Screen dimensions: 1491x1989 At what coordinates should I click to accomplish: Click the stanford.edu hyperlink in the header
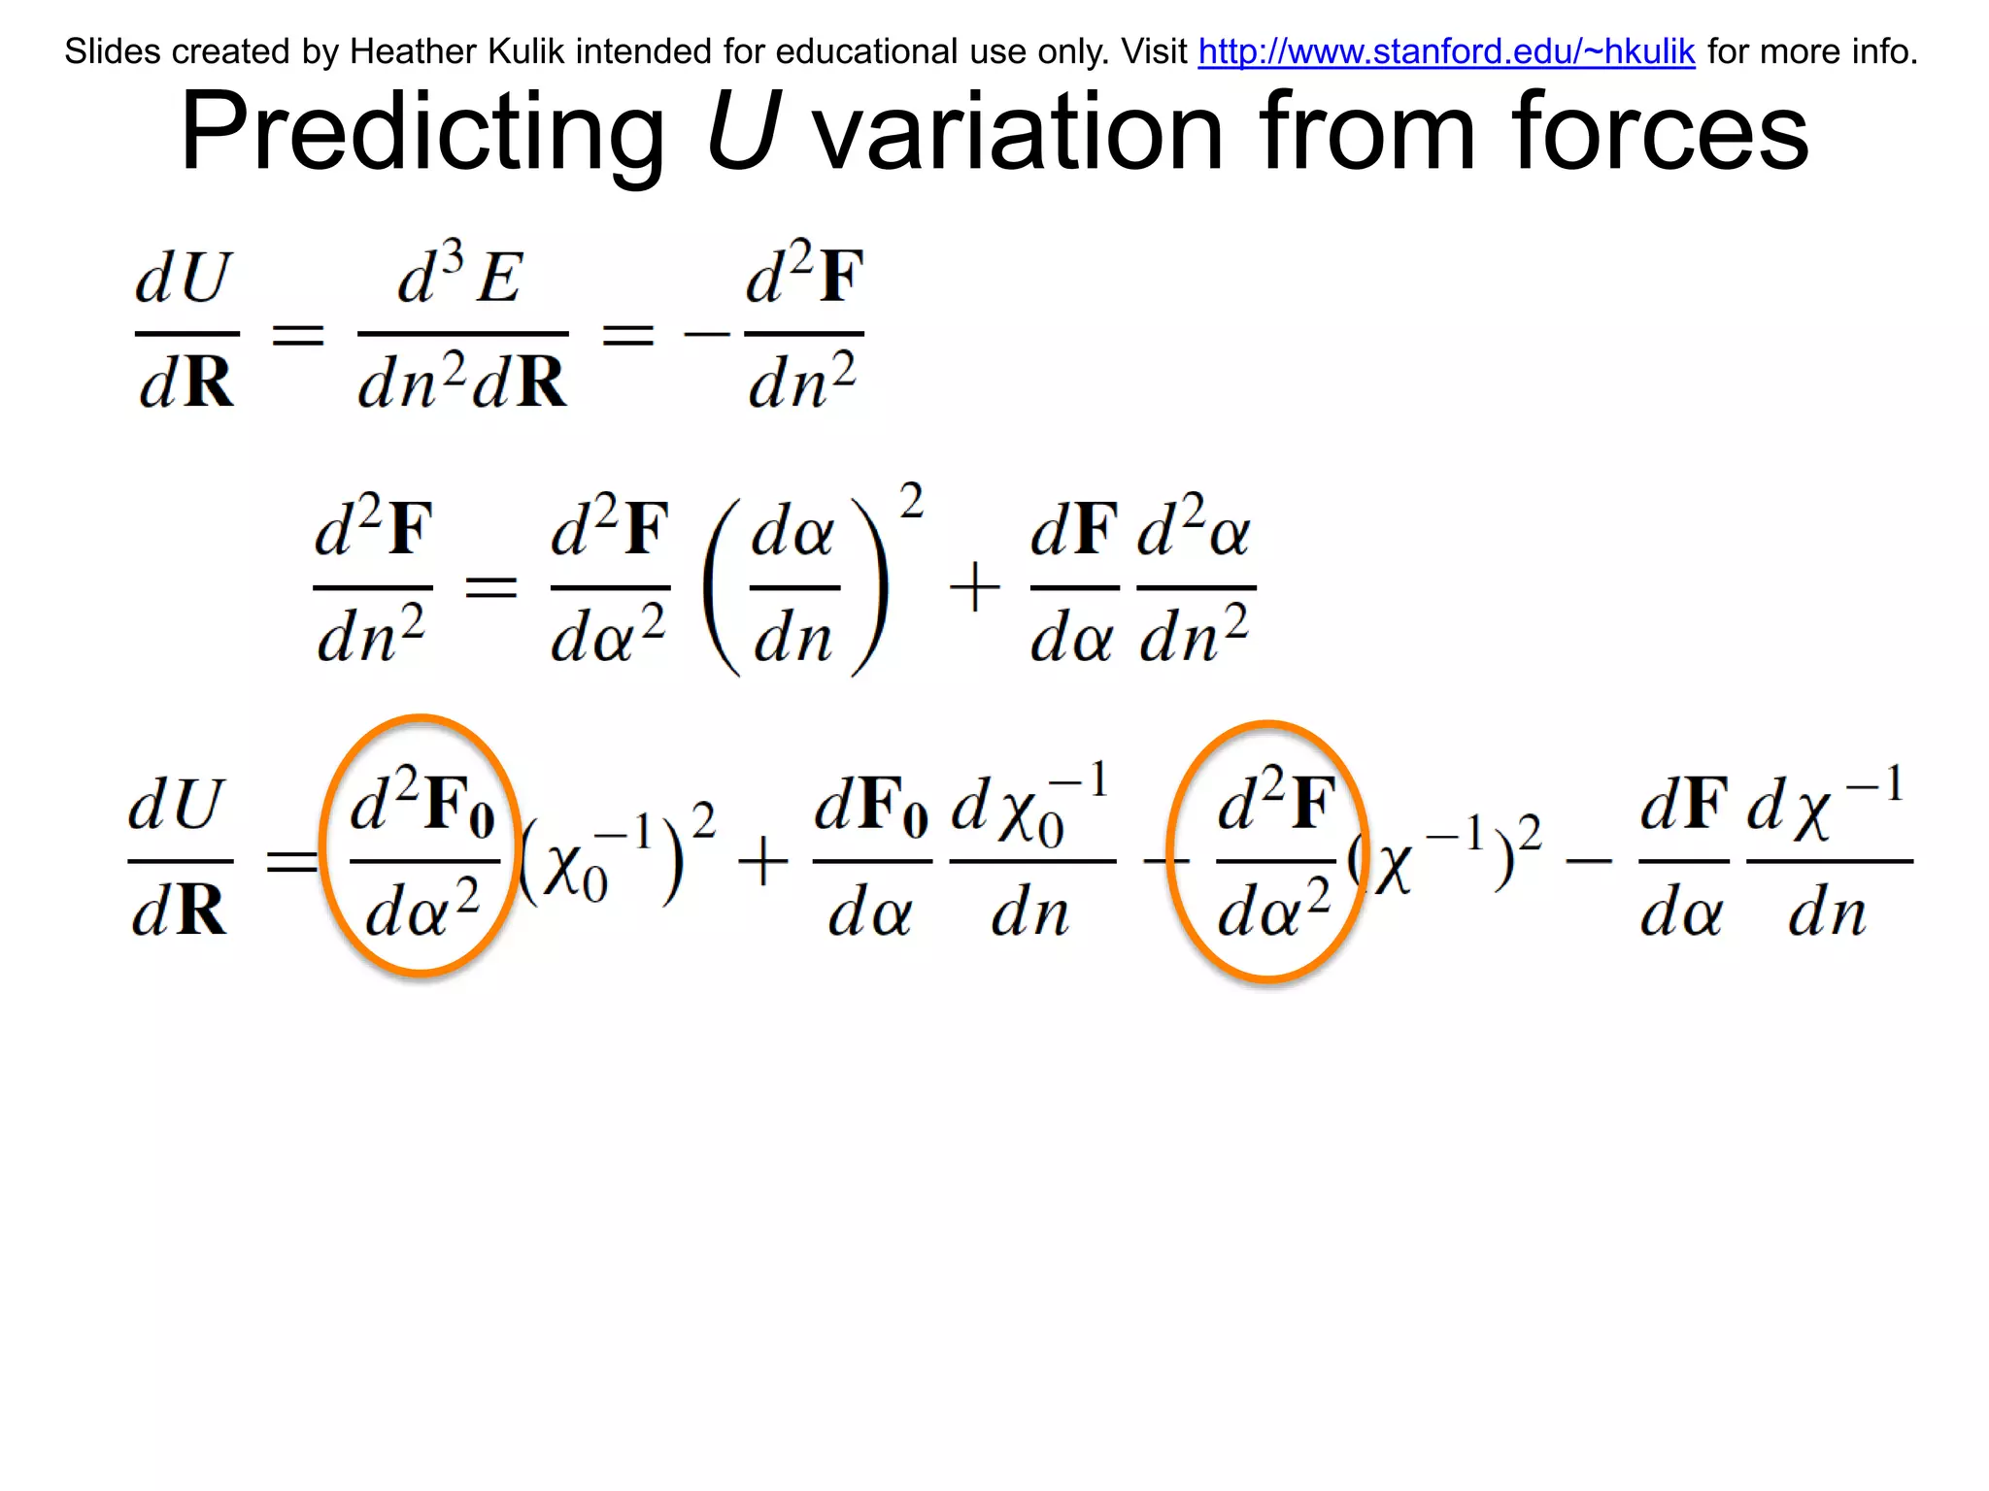pos(1446,51)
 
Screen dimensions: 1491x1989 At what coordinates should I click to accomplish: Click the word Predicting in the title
pos(422,131)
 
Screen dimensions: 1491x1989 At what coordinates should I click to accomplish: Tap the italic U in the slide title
pos(743,131)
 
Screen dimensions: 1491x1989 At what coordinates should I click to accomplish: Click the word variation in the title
pos(1017,131)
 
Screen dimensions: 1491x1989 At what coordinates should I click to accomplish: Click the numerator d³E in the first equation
pos(461,277)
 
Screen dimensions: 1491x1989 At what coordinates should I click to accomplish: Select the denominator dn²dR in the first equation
pos(461,381)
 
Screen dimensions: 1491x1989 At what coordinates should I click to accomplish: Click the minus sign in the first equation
pos(706,335)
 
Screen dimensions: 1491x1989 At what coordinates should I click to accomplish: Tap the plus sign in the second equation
pos(974,588)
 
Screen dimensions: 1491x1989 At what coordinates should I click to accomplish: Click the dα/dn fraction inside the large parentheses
pos(793,588)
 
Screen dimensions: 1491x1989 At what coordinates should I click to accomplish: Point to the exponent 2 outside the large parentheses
pos(911,502)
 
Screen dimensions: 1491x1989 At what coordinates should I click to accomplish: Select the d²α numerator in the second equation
pos(1195,529)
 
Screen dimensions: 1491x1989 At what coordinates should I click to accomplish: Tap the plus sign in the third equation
pos(763,862)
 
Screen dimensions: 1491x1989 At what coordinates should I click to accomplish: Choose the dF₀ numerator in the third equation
pos(871,806)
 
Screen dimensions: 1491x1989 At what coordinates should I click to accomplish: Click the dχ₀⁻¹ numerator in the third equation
pos(1029,806)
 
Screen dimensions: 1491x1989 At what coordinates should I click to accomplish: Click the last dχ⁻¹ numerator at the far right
pos(1826,806)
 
